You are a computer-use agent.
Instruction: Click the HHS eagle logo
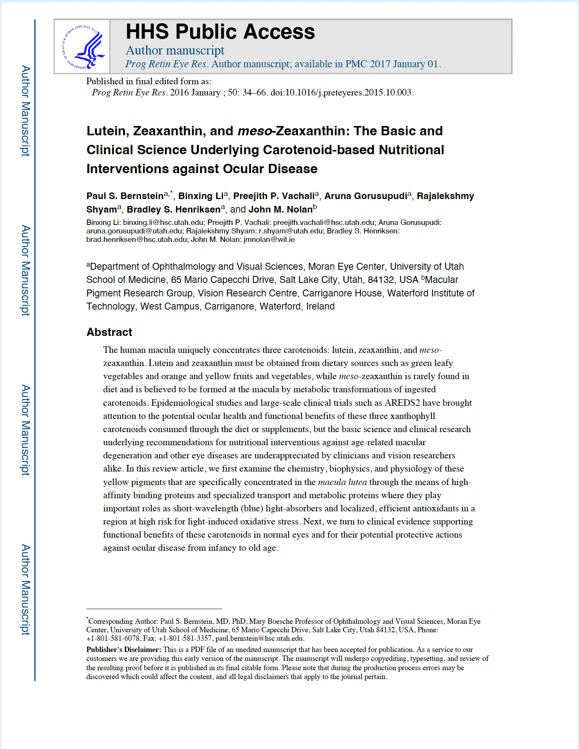coord(83,47)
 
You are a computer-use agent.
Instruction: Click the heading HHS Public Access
coord(220,32)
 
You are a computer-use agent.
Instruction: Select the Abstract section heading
coord(109,332)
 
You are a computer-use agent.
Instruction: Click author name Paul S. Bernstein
coord(125,196)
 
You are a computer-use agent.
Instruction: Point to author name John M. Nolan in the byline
coord(280,209)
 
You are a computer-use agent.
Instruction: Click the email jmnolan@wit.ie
coord(269,240)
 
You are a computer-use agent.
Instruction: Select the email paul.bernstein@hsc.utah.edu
coord(259,638)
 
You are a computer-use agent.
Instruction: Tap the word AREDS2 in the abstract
coord(402,403)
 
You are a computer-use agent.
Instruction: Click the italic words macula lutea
coord(342,482)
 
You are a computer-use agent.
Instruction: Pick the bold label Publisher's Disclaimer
coord(124,650)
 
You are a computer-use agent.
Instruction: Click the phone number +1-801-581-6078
coord(113,638)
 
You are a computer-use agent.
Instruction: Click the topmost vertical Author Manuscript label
coord(25,111)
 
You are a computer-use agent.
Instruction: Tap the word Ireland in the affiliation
coord(320,306)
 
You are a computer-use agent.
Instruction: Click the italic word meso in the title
coord(255,131)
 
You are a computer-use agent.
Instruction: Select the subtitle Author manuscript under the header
coord(175,51)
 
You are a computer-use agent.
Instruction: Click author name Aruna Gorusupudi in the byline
coord(366,196)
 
